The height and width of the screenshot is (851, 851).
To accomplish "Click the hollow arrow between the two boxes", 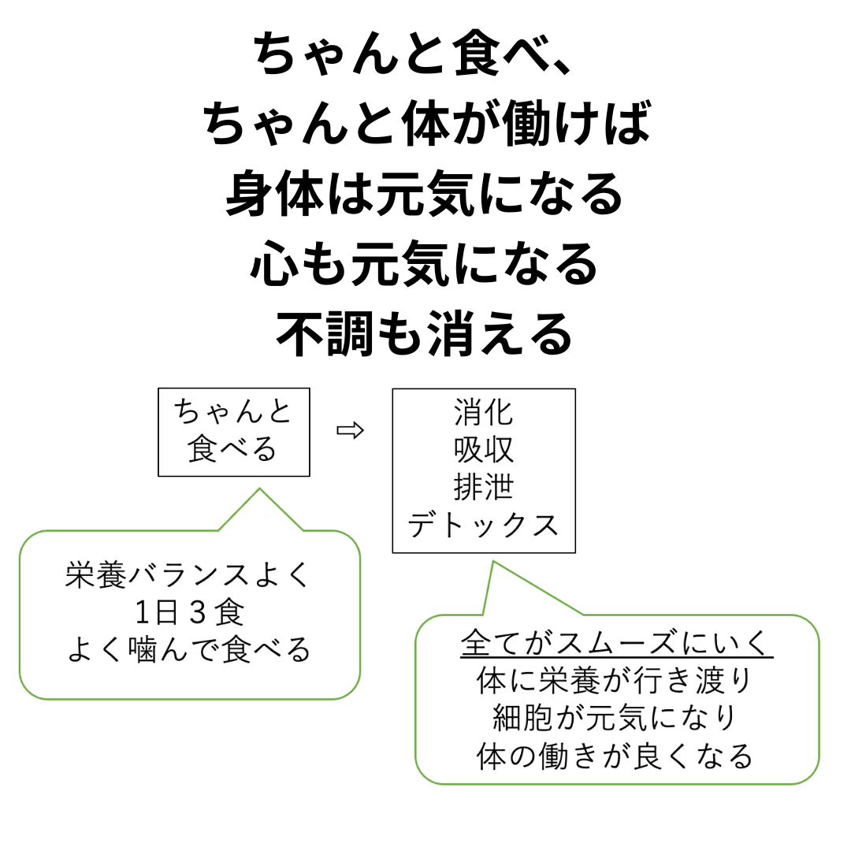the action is click(x=350, y=431).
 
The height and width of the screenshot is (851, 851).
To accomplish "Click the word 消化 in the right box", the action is click(x=484, y=412).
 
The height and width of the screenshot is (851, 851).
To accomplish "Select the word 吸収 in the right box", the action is click(x=484, y=449).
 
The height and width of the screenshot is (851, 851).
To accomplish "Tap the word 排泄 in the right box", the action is click(x=484, y=487).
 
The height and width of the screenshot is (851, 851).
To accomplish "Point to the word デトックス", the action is click(x=483, y=525).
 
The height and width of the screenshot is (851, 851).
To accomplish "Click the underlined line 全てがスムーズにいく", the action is click(x=616, y=643).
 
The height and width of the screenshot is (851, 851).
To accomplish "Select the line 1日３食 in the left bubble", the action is click(x=189, y=613).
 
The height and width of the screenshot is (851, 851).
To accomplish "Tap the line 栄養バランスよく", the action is click(x=188, y=575).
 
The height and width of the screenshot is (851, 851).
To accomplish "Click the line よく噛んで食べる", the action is click(x=189, y=649).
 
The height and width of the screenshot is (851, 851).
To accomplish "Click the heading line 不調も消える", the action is click(x=425, y=334).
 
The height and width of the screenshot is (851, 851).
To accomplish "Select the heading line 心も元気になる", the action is click(x=425, y=264).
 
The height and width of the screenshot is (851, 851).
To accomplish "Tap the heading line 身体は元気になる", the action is click(x=425, y=194).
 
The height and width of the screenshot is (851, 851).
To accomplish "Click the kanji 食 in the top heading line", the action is click(x=478, y=54).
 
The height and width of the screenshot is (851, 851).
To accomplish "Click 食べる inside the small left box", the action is click(x=232, y=449).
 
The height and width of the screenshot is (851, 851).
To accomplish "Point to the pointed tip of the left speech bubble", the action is click(x=259, y=489).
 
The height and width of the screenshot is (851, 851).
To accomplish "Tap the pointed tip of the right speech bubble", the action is click(x=492, y=563).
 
